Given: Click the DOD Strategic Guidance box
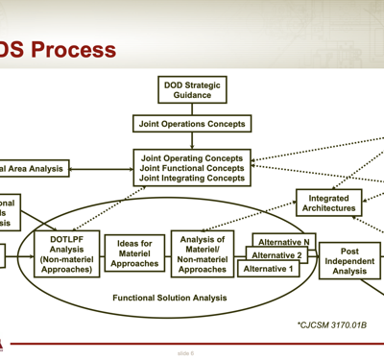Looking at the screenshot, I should (192, 90).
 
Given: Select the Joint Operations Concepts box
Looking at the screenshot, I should (192, 124).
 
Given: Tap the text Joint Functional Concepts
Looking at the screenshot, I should (192, 167).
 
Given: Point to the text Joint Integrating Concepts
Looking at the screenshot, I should (192, 179).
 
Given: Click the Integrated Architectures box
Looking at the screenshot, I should (328, 204).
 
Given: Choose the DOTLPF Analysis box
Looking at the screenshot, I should (67, 255).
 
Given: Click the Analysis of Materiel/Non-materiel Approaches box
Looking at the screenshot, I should (203, 254).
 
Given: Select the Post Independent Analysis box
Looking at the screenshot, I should (350, 261).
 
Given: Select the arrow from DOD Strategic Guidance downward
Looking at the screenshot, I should (192, 109).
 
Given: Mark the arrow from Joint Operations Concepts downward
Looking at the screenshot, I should (192, 140).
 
